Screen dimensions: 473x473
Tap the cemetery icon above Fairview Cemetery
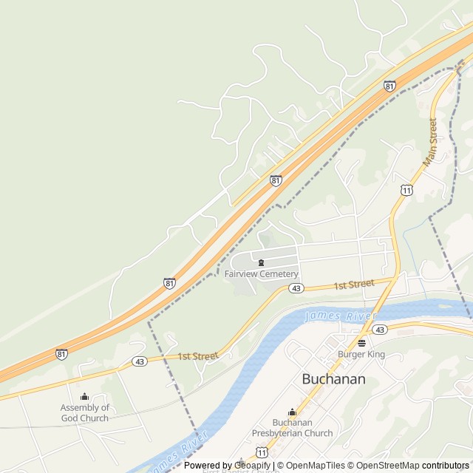pos(261,262)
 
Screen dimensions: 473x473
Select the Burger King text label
pos(361,355)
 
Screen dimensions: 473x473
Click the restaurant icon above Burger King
pos(361,343)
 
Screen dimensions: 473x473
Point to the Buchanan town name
pos(333,379)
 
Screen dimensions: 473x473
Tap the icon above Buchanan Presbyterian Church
pos(292,412)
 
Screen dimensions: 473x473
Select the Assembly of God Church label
pos(84,413)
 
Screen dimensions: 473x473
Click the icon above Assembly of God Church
pos(84,397)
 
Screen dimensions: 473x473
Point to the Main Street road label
pos(430,140)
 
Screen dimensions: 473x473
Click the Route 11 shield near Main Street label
pos(406,191)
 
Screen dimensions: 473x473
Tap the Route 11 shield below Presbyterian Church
pos(262,451)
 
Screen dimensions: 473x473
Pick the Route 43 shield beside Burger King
pos(379,329)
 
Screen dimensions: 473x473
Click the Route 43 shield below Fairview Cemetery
pos(295,288)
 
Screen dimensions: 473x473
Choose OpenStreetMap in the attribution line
pos(384,466)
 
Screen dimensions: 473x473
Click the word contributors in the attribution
pos(446,466)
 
